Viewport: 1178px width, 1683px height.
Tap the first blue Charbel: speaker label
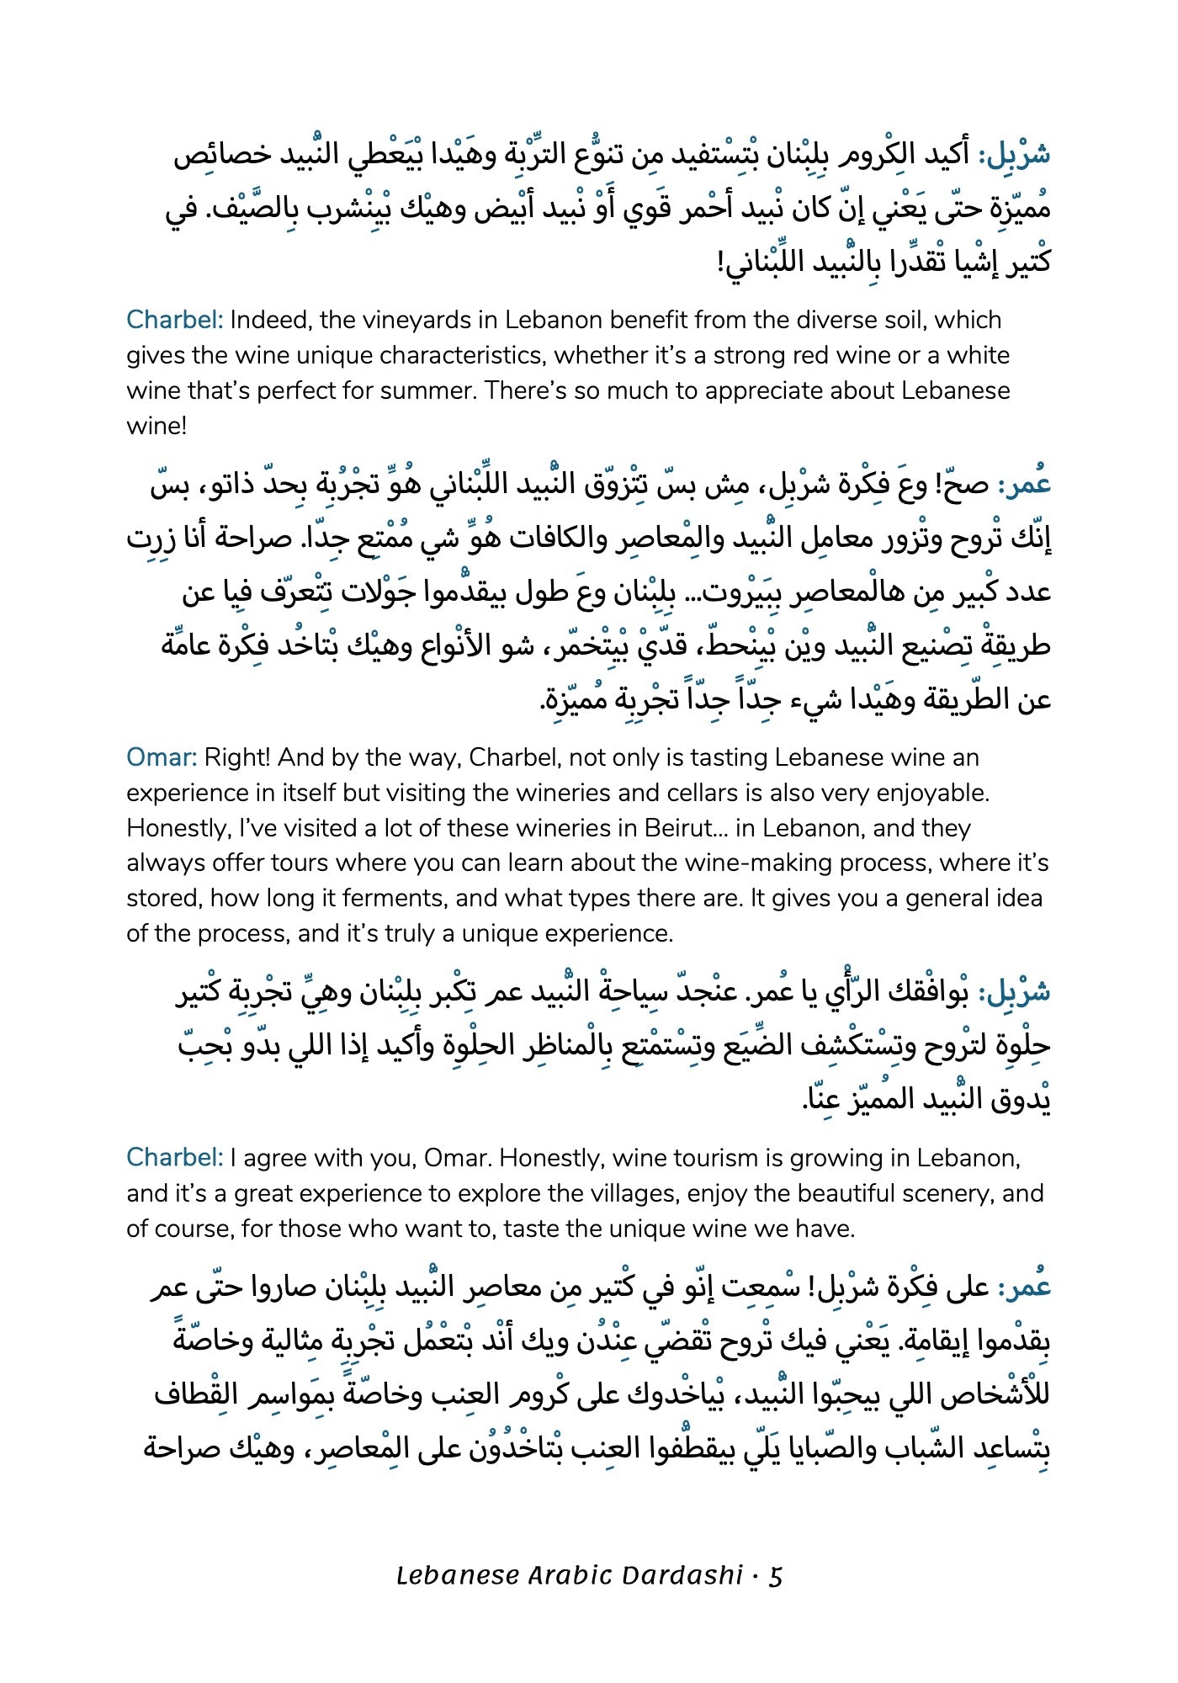coord(174,320)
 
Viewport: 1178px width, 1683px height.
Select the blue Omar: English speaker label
coord(161,757)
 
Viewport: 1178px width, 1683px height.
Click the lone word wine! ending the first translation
coord(157,426)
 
